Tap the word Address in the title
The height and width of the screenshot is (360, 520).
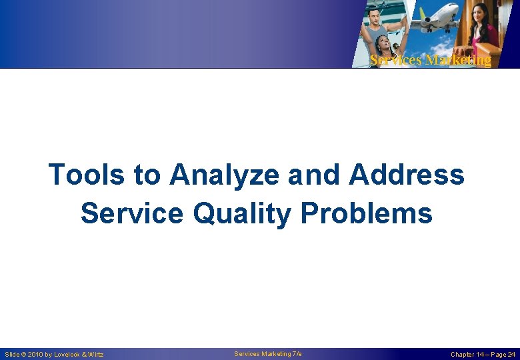(406, 175)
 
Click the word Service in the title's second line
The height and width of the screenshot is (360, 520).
(129, 214)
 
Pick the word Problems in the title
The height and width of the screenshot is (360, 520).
(366, 214)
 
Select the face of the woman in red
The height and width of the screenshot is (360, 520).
(481, 13)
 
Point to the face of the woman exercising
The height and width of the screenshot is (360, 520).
(385, 43)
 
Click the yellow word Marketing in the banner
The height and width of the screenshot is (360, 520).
(458, 60)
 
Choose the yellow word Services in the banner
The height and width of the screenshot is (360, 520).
(396, 60)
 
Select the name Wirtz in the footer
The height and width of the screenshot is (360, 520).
(95, 355)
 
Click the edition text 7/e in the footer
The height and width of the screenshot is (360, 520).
(296, 354)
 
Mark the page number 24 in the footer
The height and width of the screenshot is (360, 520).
(511, 355)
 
